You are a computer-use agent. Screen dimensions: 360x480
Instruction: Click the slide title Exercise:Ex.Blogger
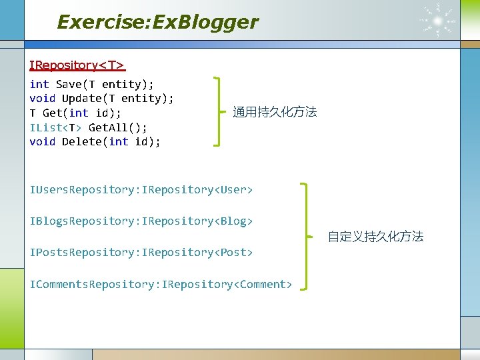[x=157, y=22]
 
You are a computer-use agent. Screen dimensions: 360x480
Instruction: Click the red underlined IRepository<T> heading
[x=77, y=65]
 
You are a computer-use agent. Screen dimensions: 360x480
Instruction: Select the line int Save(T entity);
[x=91, y=84]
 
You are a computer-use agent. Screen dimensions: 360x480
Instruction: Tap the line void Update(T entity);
[x=101, y=98]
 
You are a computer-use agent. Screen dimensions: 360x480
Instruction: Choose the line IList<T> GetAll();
[x=89, y=127]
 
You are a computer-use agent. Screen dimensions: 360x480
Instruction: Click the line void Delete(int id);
[x=95, y=141]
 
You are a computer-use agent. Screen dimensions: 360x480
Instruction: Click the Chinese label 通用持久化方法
[x=275, y=112]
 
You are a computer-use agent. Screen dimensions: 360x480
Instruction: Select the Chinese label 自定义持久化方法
[x=375, y=237]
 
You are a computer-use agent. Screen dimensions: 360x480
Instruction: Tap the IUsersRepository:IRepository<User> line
[x=141, y=190]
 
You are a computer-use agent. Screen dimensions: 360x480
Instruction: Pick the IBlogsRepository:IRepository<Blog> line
[x=141, y=221]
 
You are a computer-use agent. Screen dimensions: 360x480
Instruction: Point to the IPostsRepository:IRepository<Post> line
[x=141, y=252]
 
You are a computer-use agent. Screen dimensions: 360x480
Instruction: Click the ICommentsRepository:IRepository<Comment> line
[x=161, y=285]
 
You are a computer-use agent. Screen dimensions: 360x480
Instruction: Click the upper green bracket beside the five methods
[x=218, y=111]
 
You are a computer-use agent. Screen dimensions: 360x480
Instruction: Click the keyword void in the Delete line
[x=43, y=141]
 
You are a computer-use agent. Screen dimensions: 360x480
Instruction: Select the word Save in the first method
[x=69, y=84]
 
